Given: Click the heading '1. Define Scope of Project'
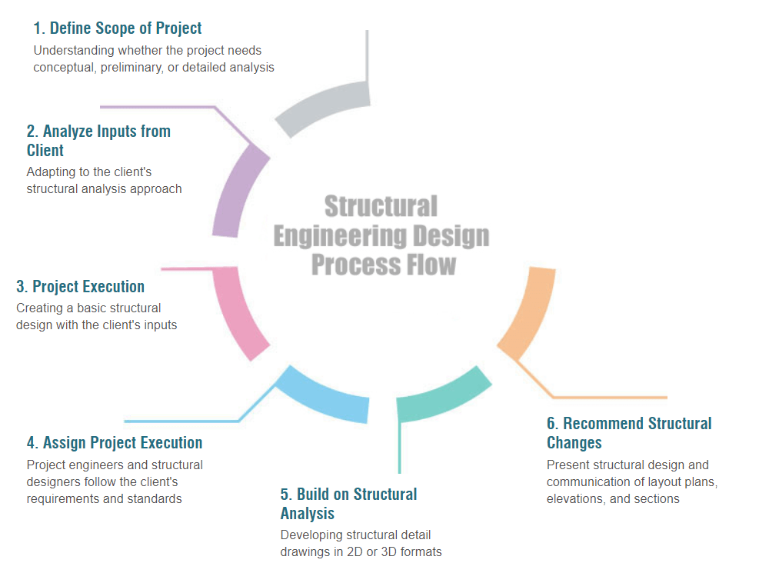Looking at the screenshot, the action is coord(117,28).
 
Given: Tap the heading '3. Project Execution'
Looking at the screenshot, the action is coord(80,287).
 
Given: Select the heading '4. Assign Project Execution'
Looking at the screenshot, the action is coord(115,442).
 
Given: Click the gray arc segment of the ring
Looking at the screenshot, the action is coord(322,107).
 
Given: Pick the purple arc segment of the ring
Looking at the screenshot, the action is coord(236,192).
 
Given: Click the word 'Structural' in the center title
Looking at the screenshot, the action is coord(381,206).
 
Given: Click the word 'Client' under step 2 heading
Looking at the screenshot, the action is coord(45,151).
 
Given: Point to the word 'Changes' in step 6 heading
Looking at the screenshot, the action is coord(574,442).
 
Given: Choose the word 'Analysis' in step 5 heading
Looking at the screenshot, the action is coord(308,513).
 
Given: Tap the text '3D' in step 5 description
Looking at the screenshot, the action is coord(388,552).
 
